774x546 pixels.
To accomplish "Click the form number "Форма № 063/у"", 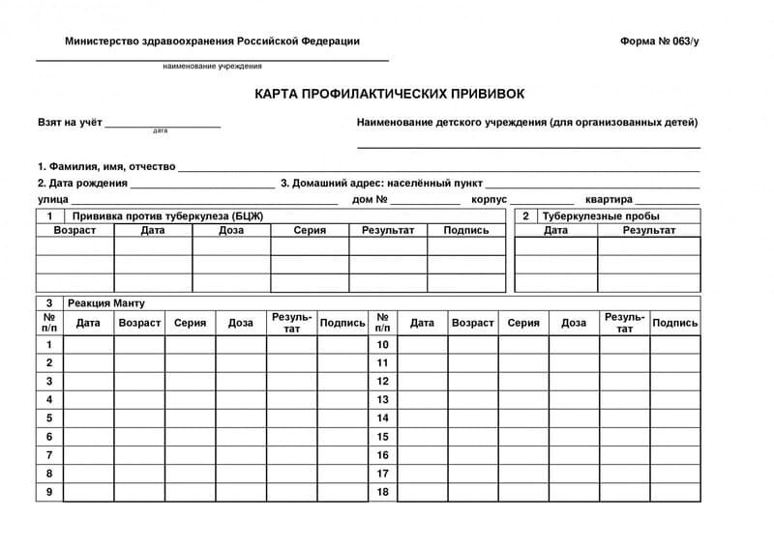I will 658,42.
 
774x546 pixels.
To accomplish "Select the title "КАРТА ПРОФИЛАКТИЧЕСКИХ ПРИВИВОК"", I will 390,95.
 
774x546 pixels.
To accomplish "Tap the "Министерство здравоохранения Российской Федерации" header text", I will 212,42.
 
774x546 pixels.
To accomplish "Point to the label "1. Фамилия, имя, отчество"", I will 106,166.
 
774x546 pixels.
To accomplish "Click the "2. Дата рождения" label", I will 82,183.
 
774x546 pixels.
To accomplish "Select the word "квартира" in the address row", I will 602,199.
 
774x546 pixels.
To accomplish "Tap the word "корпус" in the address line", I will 489,199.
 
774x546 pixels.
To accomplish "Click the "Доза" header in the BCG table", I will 231,230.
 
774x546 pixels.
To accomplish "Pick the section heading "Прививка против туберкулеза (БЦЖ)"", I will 167,216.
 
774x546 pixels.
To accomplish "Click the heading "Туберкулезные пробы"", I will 601,216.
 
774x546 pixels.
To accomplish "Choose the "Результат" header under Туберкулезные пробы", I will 648,230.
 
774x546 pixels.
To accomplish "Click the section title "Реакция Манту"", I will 106,302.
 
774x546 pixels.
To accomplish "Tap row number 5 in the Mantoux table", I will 49,418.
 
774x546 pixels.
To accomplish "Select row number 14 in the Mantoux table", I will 382,418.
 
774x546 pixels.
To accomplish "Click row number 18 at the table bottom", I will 382,492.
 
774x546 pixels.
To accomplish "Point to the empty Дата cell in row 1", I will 88,345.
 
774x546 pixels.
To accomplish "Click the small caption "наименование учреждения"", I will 212,66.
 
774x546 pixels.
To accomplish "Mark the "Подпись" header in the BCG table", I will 465,230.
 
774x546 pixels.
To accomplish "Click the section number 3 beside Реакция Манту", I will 49,302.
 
